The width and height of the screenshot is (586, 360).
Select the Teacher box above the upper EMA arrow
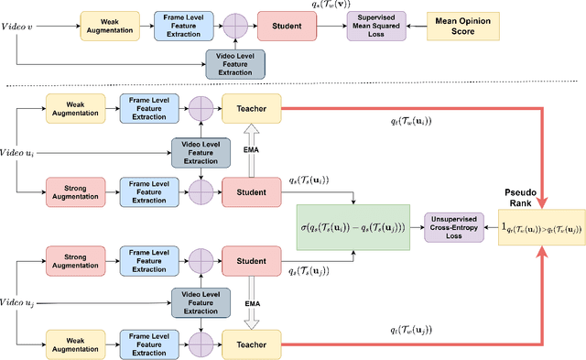coord(250,109)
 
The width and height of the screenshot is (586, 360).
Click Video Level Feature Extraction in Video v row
coord(234,62)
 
